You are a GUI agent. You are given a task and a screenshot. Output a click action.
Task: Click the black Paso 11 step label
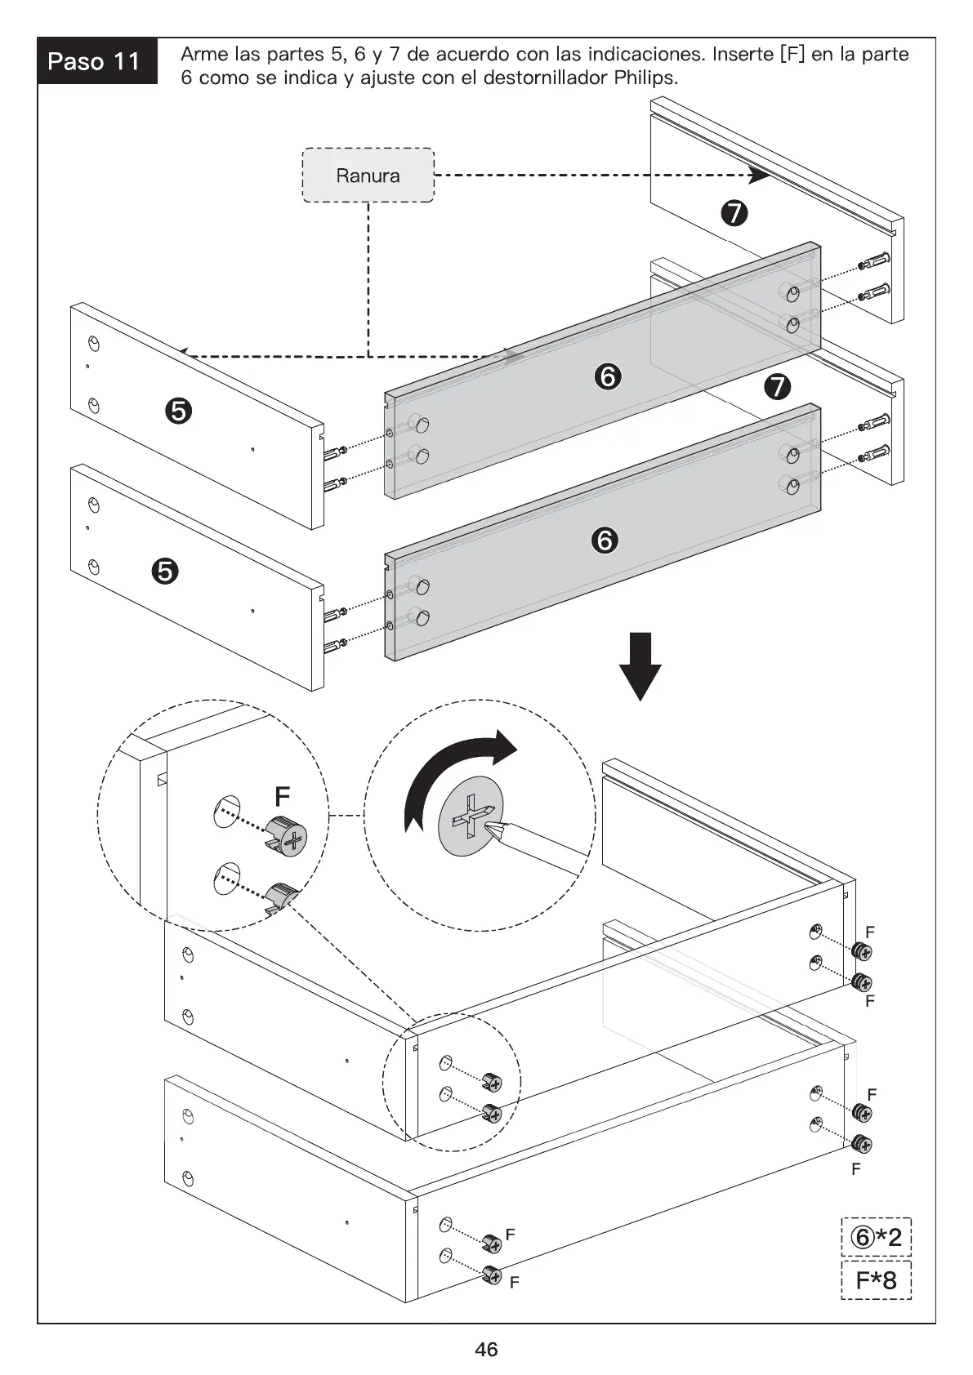click(x=96, y=61)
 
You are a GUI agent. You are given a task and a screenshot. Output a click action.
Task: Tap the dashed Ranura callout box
click(x=368, y=175)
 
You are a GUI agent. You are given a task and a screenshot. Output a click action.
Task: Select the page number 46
click(x=486, y=1350)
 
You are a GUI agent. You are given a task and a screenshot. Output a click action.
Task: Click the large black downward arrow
click(x=640, y=665)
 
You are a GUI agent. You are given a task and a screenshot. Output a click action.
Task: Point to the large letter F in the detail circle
click(x=282, y=795)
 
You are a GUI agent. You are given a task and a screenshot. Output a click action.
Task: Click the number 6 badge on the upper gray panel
click(x=607, y=376)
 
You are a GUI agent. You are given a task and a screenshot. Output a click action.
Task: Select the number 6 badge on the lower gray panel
click(x=605, y=540)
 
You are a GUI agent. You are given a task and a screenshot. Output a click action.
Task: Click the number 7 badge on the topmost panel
click(x=734, y=213)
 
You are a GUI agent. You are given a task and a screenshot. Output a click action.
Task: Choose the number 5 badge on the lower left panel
click(x=164, y=572)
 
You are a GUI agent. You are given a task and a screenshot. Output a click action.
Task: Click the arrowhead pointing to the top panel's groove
click(x=757, y=174)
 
